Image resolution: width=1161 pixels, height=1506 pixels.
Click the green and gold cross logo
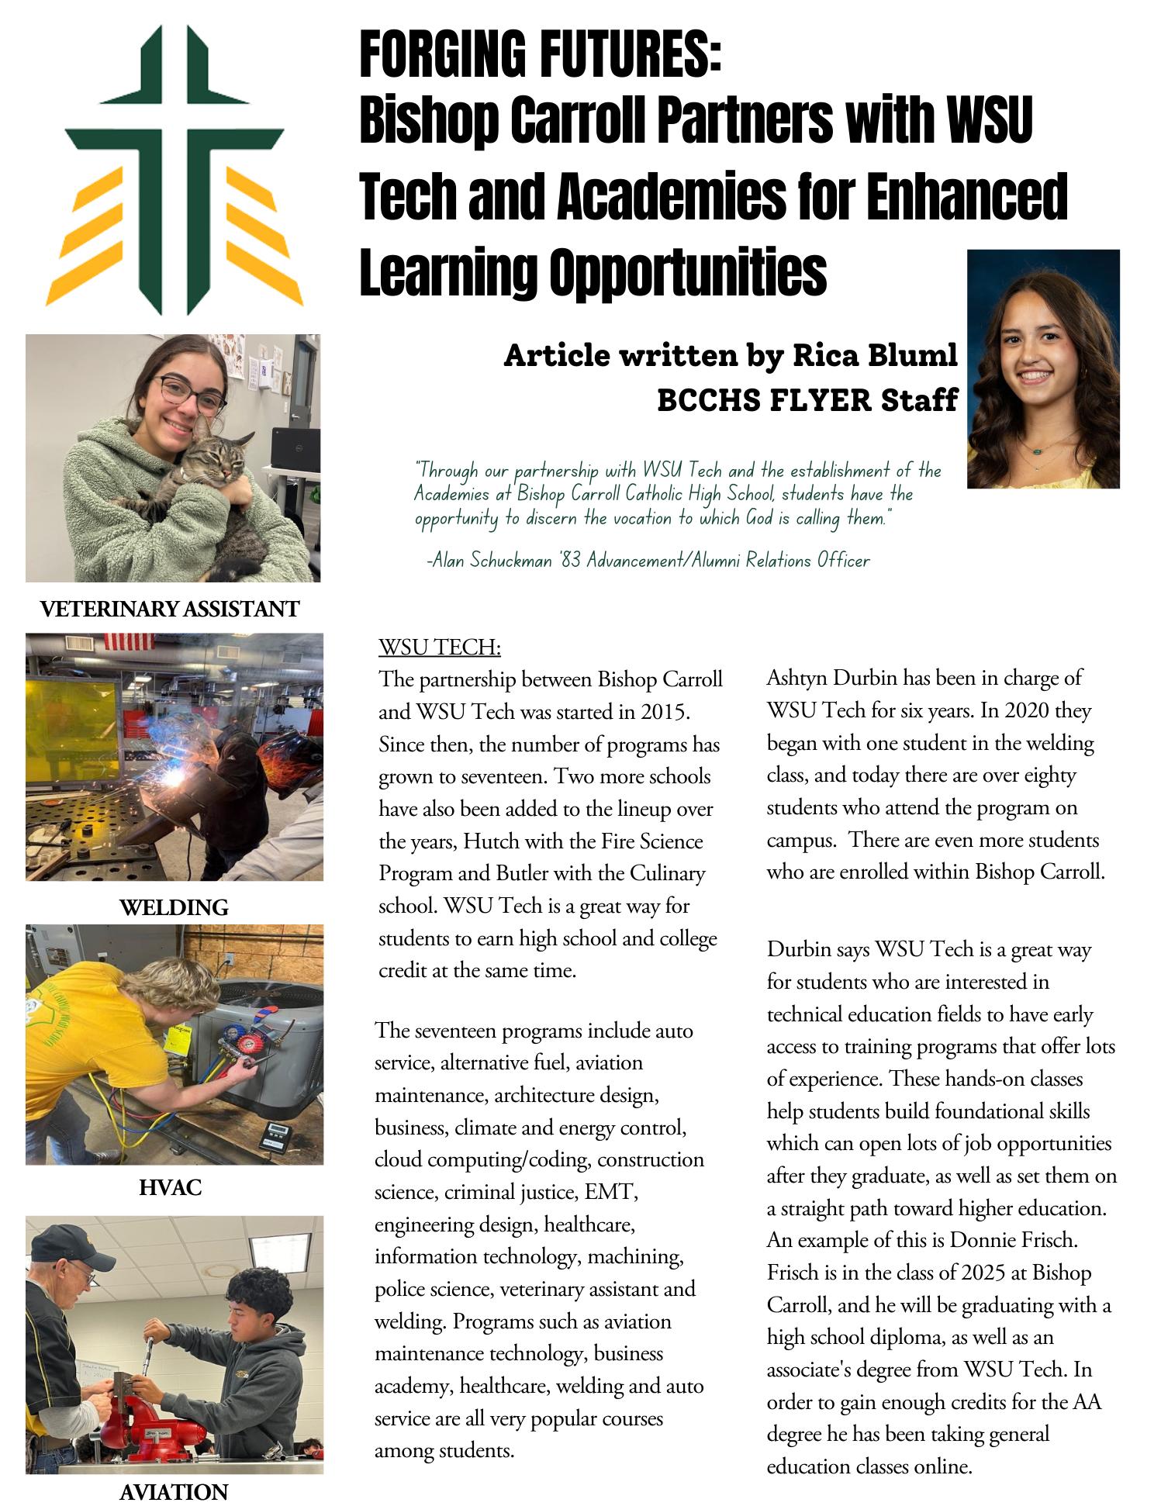(x=184, y=169)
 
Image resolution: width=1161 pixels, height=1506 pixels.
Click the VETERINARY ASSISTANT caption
(x=169, y=609)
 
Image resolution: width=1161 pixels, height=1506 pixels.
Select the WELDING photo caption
(x=174, y=907)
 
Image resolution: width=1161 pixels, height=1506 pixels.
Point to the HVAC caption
(x=171, y=1187)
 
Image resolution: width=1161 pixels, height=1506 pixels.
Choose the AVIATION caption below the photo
(x=174, y=1491)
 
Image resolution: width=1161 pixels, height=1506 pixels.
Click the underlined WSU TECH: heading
(x=440, y=647)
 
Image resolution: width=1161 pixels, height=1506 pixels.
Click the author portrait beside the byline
(x=1042, y=369)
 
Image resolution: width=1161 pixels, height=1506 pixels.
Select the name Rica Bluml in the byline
(x=874, y=355)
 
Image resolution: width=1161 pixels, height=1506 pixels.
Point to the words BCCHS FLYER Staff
(x=807, y=400)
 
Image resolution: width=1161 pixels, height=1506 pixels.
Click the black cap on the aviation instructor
(x=78, y=1243)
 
